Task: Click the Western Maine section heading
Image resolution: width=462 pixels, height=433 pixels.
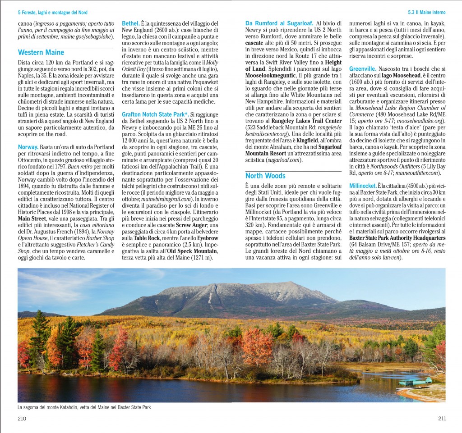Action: (41, 53)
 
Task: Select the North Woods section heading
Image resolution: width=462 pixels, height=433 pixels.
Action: (265, 176)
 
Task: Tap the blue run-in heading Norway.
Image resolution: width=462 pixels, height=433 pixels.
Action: (28, 147)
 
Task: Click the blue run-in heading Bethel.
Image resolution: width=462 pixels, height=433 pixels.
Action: (130, 23)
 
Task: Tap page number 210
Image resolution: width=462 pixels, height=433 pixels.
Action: (22, 419)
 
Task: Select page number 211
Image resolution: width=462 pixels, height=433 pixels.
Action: (442, 419)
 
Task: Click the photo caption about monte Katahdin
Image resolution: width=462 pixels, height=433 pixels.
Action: (84, 407)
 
